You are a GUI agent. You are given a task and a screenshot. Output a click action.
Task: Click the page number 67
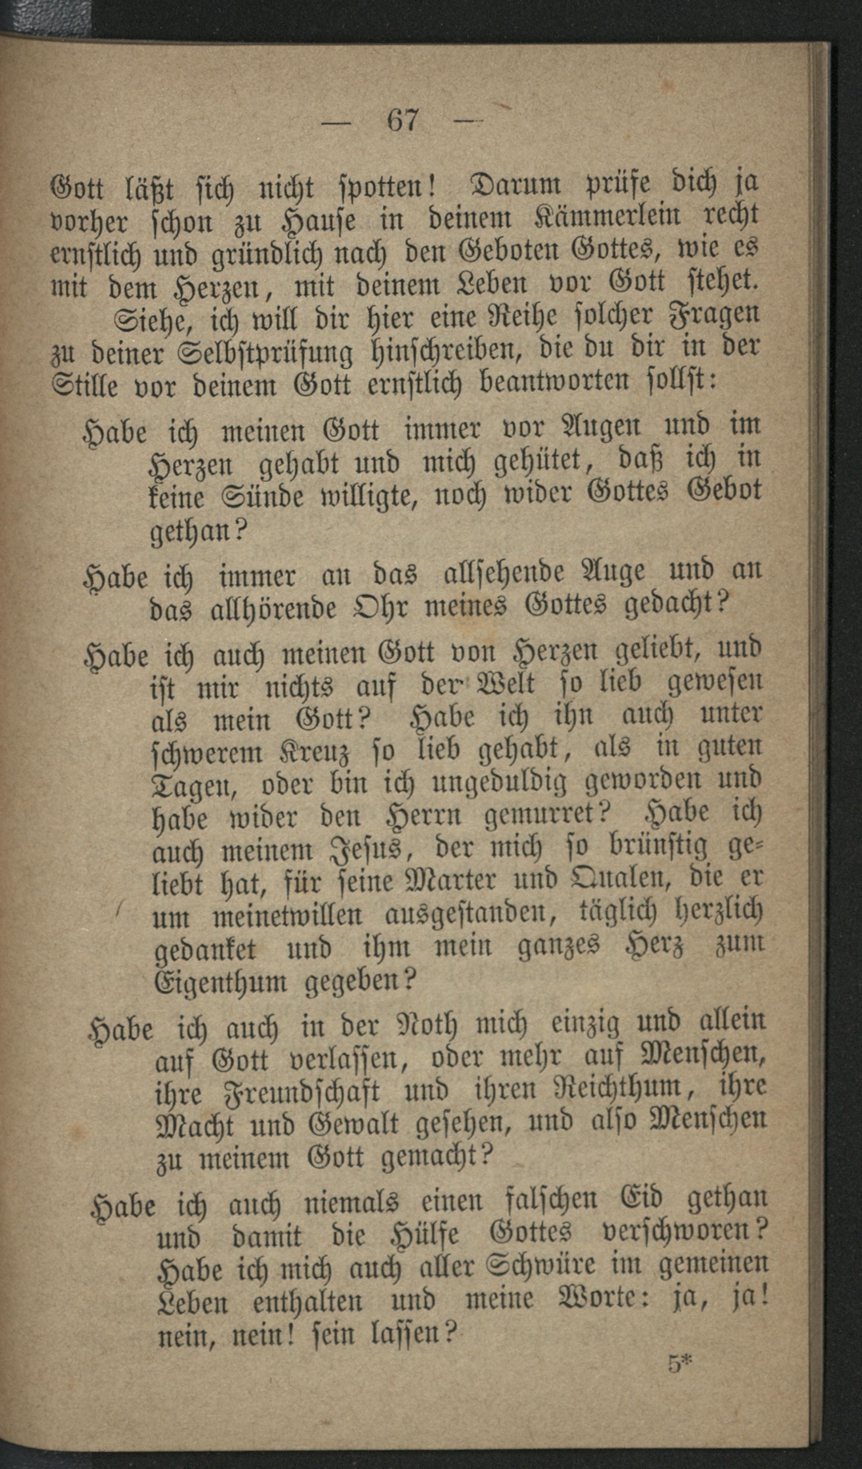click(x=403, y=121)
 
